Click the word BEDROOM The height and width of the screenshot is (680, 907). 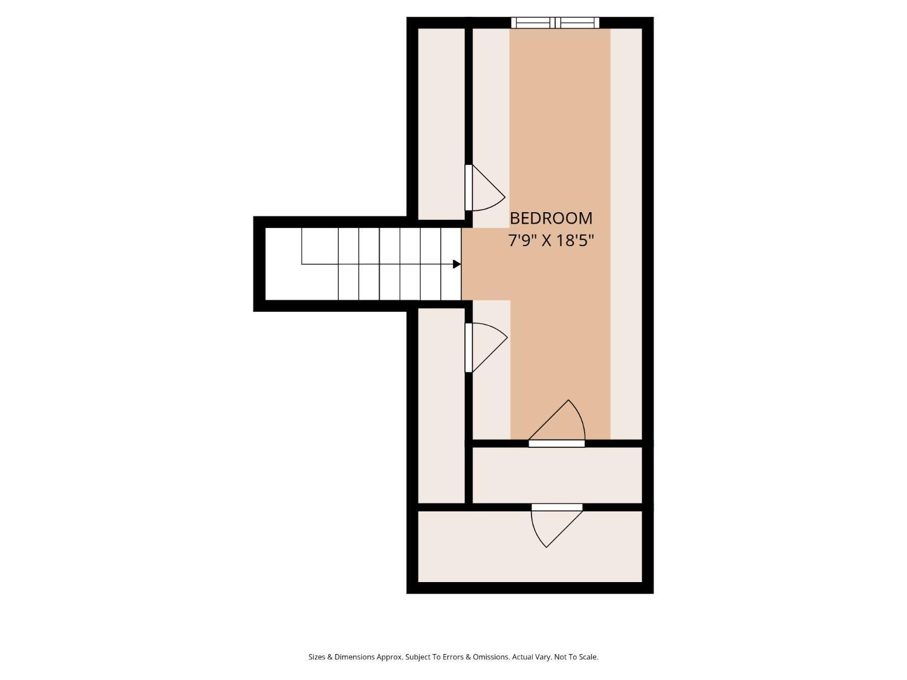click(x=551, y=218)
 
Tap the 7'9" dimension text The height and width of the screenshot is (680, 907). click(x=522, y=240)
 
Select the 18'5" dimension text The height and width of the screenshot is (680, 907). click(x=575, y=240)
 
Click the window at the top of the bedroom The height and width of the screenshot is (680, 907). click(x=555, y=23)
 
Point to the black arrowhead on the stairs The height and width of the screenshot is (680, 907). click(x=457, y=264)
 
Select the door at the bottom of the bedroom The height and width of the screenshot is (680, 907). click(x=557, y=423)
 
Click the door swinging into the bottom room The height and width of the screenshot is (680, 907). click(x=557, y=525)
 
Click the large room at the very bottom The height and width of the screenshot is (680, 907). click(x=530, y=546)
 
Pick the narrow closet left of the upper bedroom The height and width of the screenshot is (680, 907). click(x=441, y=124)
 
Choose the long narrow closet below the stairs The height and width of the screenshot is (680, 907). click(x=441, y=406)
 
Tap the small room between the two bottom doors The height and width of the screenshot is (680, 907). click(x=557, y=475)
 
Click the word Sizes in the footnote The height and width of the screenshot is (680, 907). click(x=317, y=656)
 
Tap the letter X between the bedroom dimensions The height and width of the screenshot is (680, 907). click(x=546, y=241)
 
